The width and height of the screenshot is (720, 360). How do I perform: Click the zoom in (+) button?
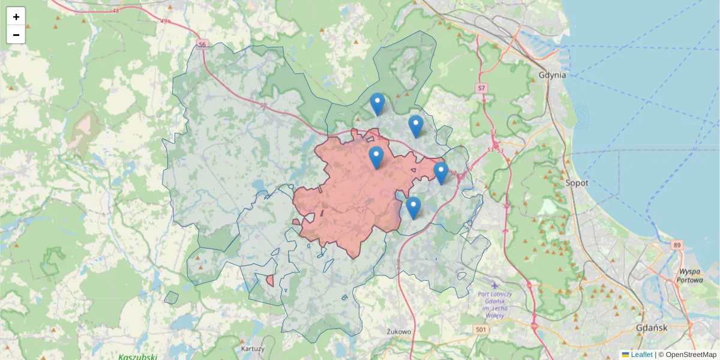tap(16, 17)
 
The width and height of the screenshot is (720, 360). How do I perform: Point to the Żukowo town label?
tap(399, 331)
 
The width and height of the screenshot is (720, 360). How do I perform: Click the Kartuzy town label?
tap(252, 349)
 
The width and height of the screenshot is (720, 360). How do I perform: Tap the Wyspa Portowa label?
tap(689, 275)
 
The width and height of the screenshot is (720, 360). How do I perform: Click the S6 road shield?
tap(202, 44)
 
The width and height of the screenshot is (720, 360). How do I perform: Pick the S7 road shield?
tap(481, 88)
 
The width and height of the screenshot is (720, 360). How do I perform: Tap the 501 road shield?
tap(480, 329)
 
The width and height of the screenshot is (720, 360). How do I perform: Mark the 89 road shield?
tap(677, 245)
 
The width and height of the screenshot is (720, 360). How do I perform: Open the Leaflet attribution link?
tap(641, 355)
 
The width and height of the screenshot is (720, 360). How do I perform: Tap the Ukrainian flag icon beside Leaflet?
tap(625, 355)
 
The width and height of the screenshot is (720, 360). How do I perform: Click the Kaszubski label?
tap(137, 356)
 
